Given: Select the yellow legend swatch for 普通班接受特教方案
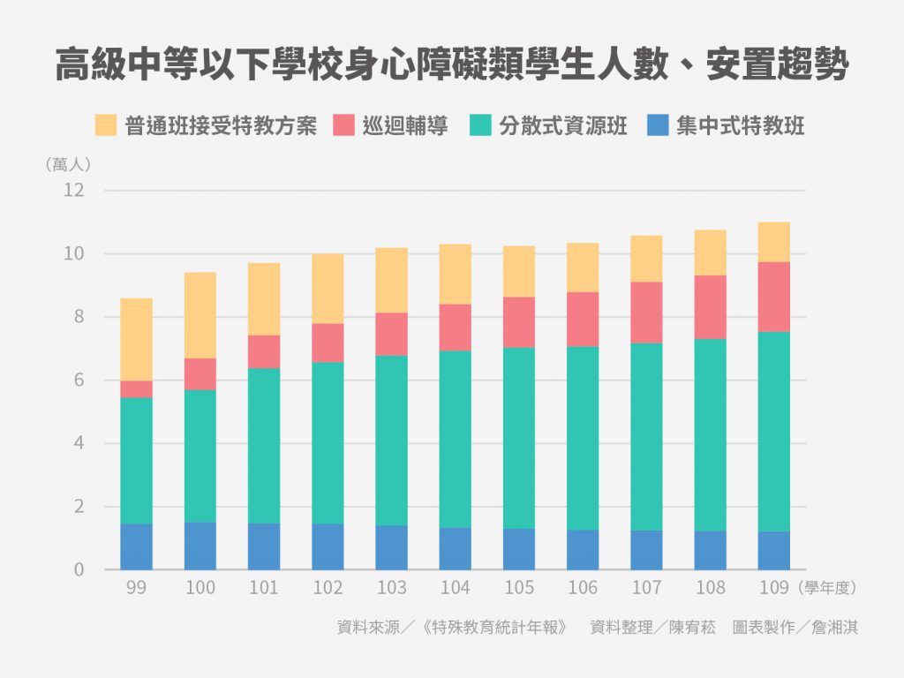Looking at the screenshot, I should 106,124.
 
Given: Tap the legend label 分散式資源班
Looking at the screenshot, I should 563,125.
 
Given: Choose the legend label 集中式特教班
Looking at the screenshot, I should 741,125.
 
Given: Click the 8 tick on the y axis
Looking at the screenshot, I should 79,317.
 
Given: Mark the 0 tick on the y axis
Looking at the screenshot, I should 79,570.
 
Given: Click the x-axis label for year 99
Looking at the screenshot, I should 136,588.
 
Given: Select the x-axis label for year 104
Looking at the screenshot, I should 455,588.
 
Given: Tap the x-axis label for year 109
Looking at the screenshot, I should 773,588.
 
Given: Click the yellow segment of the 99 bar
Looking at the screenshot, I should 136,339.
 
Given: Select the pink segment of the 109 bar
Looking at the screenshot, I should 773,297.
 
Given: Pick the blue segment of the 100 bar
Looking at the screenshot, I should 200,546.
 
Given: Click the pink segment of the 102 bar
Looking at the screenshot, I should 328,343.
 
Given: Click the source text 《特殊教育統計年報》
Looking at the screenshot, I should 494,628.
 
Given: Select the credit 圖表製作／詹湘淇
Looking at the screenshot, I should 795,628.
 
